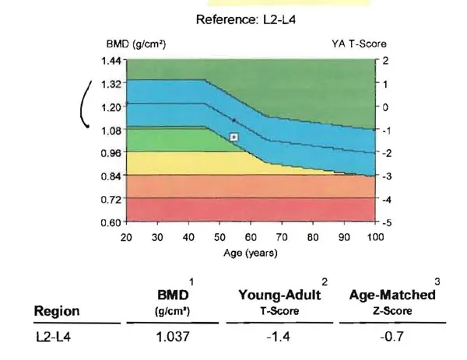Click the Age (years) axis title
tap(251, 252)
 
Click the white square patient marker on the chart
tap(234, 137)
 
